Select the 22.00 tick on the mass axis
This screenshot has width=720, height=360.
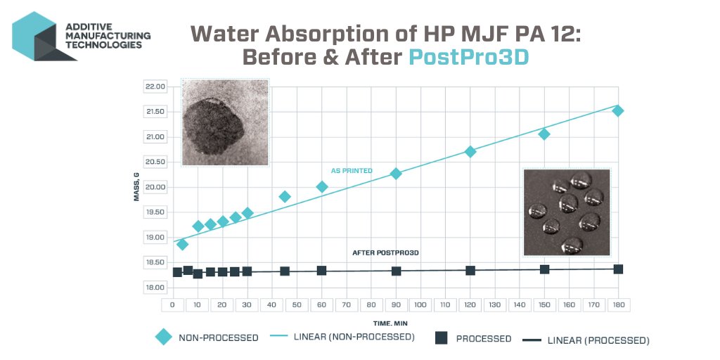154,86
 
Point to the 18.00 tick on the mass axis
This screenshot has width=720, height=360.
154,288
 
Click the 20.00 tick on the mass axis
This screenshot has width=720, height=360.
154,187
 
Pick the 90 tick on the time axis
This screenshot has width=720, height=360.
396,305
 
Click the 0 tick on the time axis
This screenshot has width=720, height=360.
172,305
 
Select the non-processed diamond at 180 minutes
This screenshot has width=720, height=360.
618,110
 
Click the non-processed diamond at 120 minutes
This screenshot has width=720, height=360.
470,151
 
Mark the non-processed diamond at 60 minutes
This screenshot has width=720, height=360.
321,186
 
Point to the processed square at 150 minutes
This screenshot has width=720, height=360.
544,269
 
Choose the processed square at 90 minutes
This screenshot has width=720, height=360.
396,271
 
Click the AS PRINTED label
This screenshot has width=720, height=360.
352,171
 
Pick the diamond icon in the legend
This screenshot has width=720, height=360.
163,337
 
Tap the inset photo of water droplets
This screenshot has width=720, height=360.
566,212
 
